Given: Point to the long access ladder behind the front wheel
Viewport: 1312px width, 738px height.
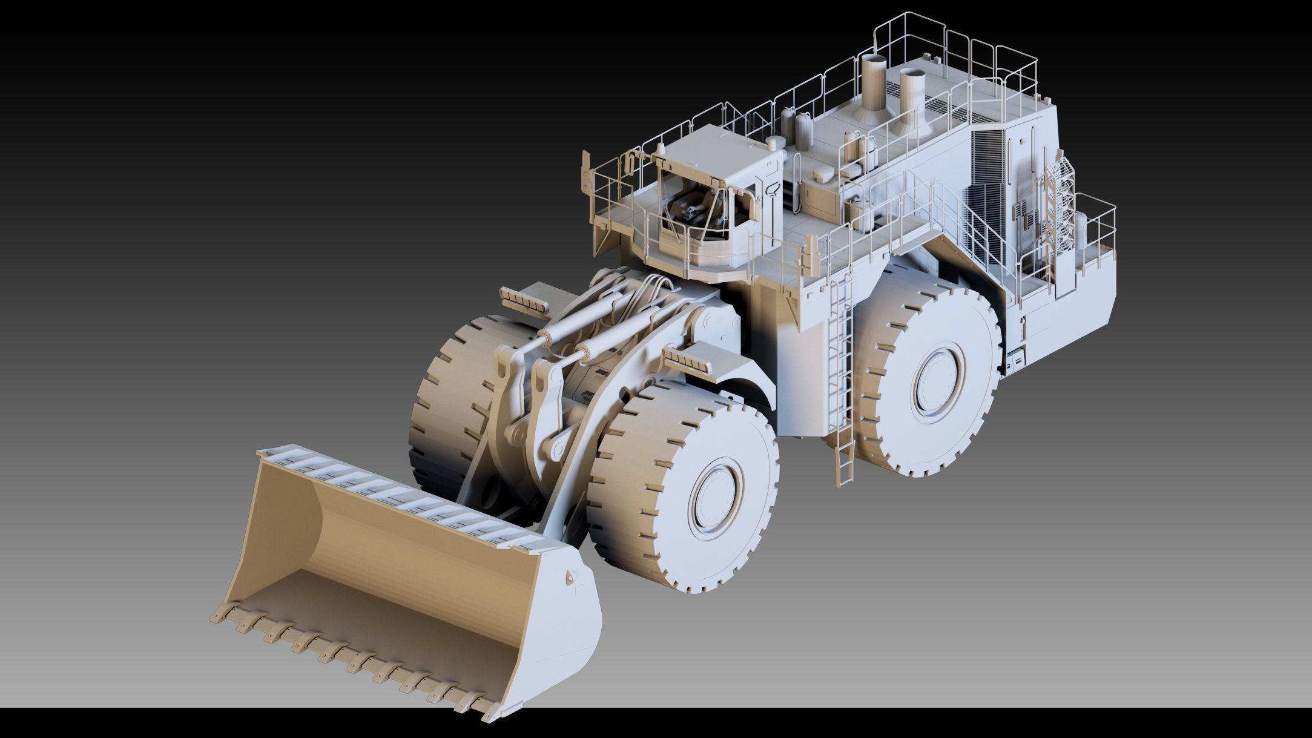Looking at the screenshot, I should [x=842, y=375].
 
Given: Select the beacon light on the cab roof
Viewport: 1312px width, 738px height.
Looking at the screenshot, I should [x=661, y=148].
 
